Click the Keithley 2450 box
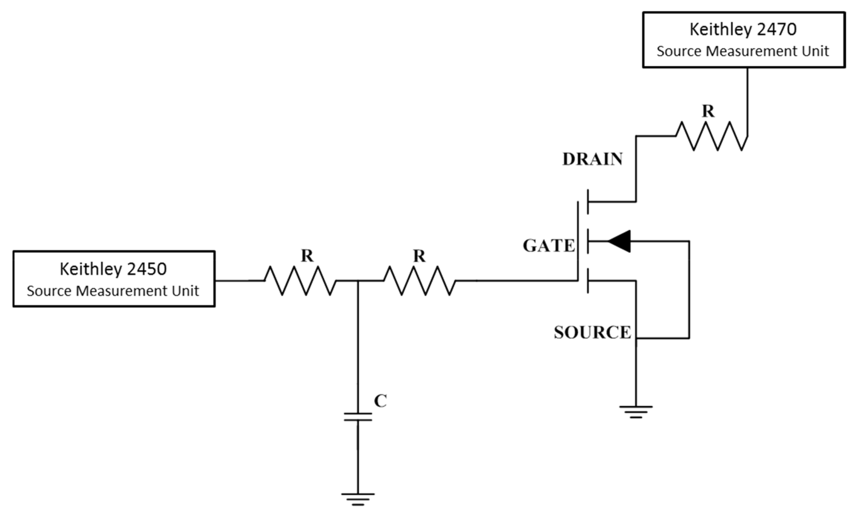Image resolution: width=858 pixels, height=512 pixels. (x=114, y=279)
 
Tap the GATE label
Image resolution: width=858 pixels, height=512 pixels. (x=549, y=246)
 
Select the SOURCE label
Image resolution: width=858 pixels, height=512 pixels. (x=592, y=332)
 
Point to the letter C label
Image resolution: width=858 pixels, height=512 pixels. (x=380, y=401)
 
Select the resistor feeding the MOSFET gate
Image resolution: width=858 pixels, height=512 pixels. (x=419, y=280)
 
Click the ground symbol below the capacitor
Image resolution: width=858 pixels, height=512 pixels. (x=358, y=499)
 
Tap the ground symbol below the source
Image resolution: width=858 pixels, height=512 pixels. (x=635, y=412)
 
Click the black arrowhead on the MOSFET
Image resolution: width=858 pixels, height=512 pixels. (x=620, y=241)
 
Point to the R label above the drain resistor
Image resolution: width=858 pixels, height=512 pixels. (x=708, y=111)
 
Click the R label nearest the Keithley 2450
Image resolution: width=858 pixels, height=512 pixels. (x=307, y=256)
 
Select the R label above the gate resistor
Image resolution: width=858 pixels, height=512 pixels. (x=419, y=256)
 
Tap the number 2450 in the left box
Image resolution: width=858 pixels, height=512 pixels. (x=147, y=269)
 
